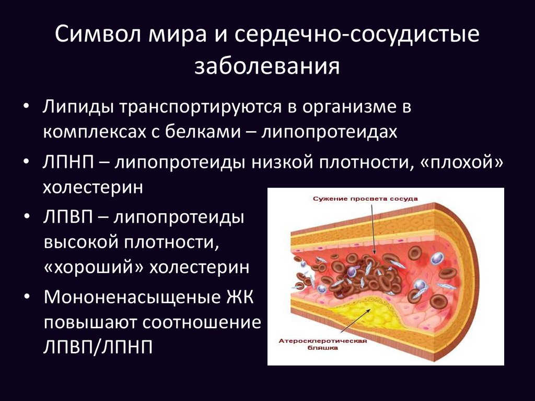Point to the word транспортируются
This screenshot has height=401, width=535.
tap(200, 107)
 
